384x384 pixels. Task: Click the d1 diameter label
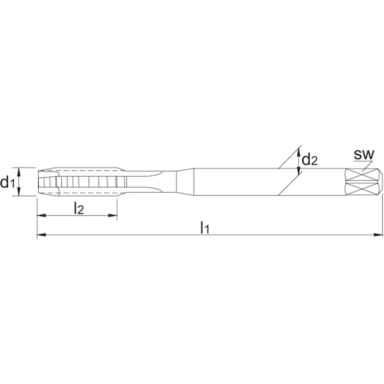(7, 182)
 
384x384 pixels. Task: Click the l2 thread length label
(79, 208)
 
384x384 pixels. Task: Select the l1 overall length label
(205, 228)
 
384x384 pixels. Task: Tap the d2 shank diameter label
(309, 159)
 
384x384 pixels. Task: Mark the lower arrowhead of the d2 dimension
(298, 172)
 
